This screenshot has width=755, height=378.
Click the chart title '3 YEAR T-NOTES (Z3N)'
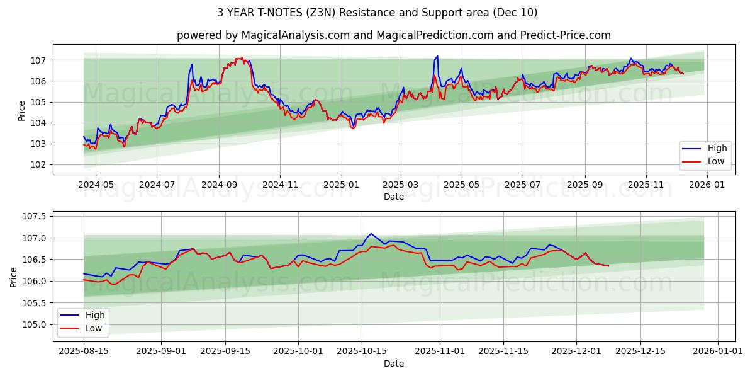point(377,13)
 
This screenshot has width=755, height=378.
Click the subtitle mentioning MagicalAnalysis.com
point(393,35)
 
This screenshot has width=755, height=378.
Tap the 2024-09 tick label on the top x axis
point(219,185)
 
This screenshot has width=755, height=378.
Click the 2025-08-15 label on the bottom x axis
point(84,351)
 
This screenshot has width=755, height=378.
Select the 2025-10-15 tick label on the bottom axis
point(362,351)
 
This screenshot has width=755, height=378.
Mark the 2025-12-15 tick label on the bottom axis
point(640,351)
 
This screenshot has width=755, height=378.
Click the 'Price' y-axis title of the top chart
point(22,110)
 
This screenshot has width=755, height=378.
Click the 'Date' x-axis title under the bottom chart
point(393,364)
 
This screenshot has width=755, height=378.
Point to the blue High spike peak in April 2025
point(437,56)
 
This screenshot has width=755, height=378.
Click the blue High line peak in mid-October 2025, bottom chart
point(371,234)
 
